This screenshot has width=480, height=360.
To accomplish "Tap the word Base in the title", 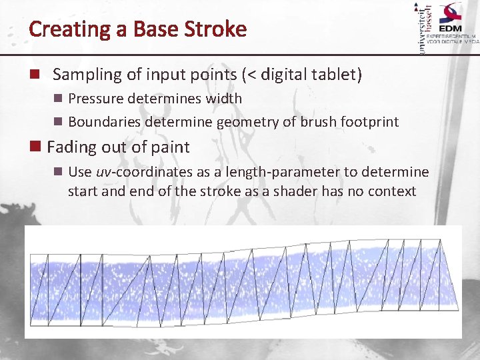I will coord(150,29).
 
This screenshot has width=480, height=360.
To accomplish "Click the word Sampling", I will coord(83,75).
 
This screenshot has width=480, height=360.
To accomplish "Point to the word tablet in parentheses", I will coord(333,75).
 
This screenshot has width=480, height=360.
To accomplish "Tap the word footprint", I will coord(369,122).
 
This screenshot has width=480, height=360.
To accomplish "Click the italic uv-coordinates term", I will coord(144,172).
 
